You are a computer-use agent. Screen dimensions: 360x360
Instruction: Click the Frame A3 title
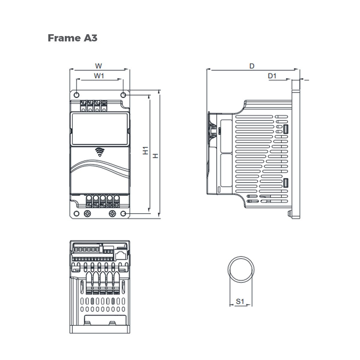[x=73, y=38]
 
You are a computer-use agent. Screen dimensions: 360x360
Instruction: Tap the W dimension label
[x=98, y=66]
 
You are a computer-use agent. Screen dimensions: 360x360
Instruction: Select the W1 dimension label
[x=99, y=76]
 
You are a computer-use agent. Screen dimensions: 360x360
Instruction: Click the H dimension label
[x=155, y=156]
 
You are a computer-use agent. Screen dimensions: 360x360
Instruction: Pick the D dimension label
[x=252, y=66]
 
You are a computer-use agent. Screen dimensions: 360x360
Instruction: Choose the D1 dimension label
[x=272, y=76]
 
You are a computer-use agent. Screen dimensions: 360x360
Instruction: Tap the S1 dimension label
[x=240, y=301]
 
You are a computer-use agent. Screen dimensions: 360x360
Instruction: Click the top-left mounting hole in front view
[x=76, y=95]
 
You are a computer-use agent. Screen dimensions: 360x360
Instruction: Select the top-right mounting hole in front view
[x=123, y=95]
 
